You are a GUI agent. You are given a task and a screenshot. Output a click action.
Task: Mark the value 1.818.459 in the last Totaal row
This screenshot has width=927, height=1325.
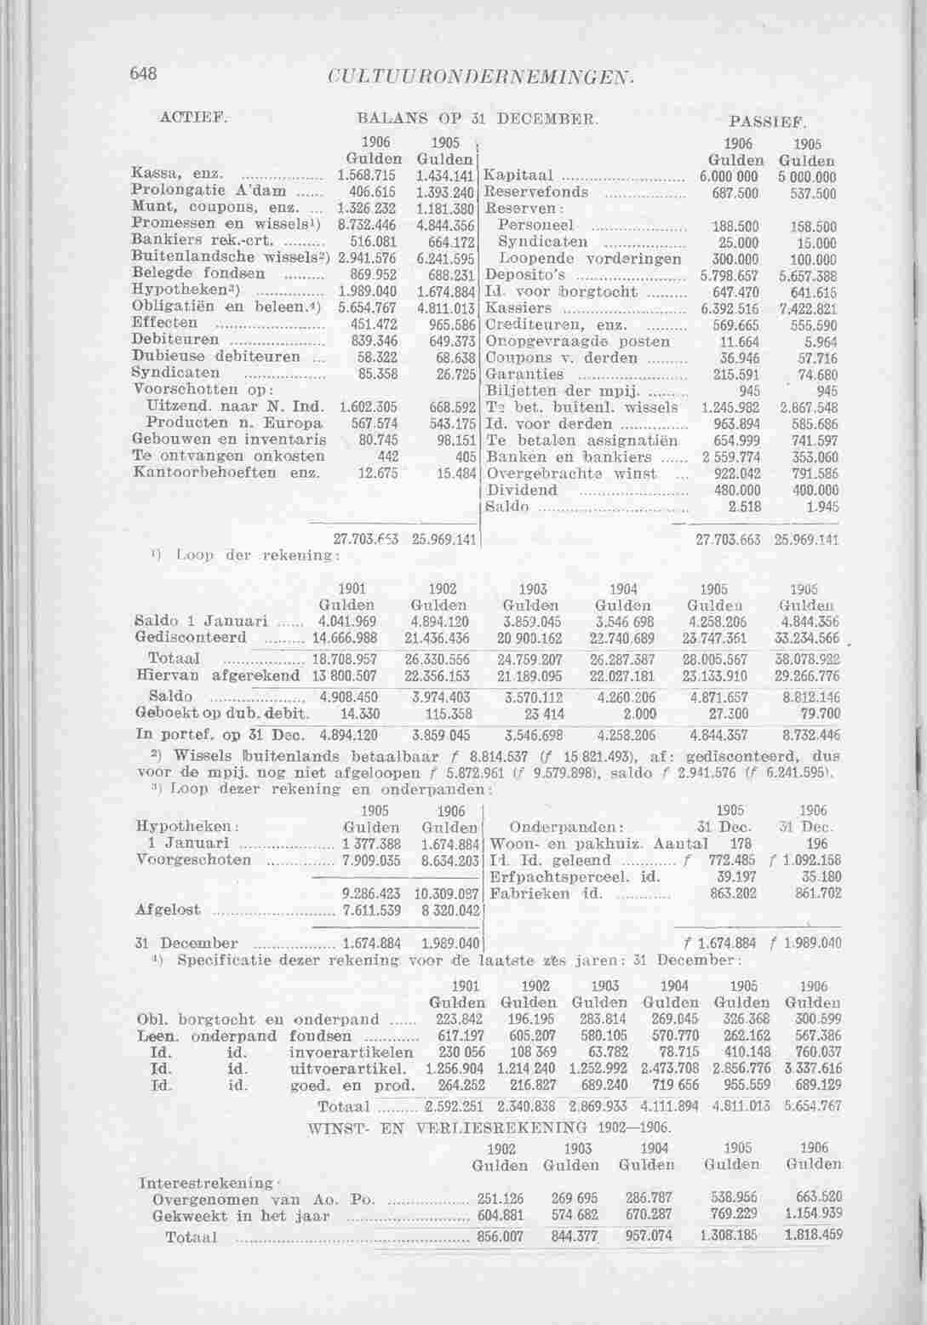coord(813,1236)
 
